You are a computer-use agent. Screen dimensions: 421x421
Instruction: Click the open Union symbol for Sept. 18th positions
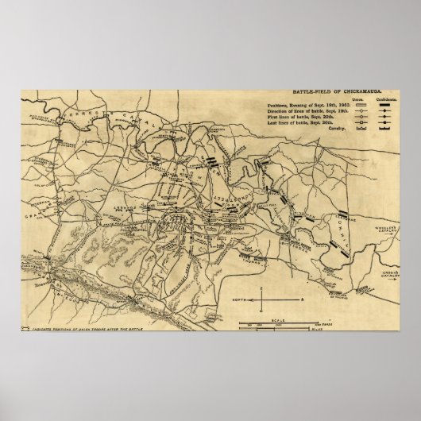[363, 105]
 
